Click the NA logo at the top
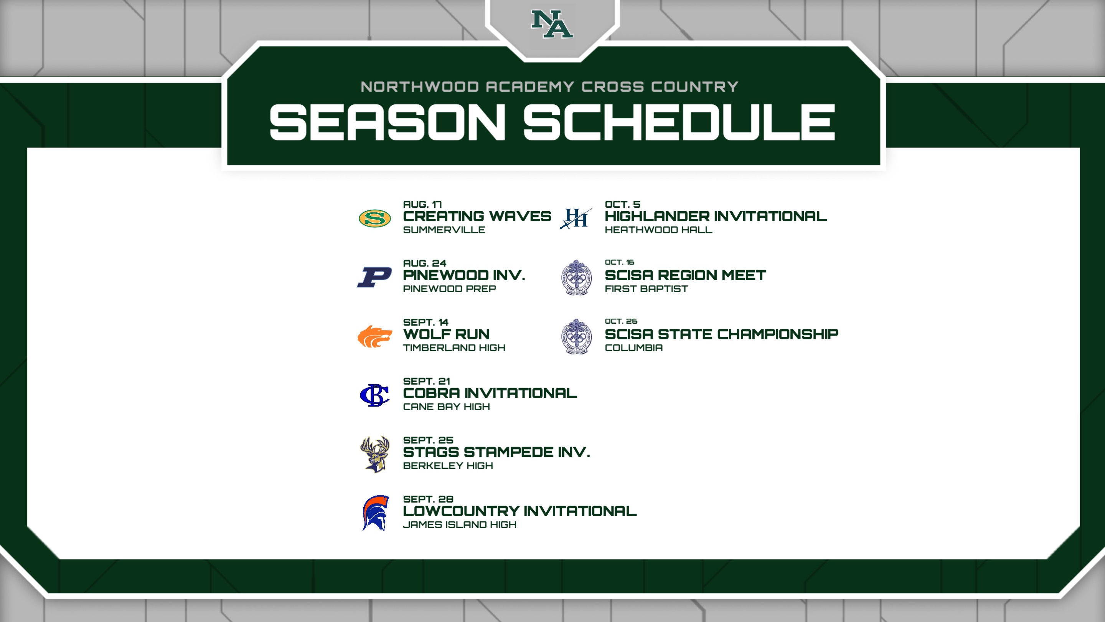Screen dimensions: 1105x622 tap(552, 24)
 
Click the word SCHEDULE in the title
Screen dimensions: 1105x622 tap(679, 122)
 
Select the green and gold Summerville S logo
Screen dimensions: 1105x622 tap(374, 218)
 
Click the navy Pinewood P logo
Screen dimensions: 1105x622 tap(374, 277)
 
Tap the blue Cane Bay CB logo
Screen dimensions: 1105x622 tap(374, 395)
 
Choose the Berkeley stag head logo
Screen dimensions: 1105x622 tap(375, 454)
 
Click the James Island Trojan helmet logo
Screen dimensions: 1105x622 tap(375, 513)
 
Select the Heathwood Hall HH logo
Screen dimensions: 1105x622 tap(576, 218)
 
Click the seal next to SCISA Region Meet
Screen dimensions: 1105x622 tap(577, 277)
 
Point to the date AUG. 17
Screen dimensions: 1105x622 tap(422, 204)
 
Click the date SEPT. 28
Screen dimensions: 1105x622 tap(428, 499)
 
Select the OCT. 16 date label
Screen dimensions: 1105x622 tap(619, 262)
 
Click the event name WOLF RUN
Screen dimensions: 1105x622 tap(446, 334)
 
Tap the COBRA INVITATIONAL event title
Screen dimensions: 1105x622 tap(490, 393)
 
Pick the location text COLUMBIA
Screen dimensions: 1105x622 tap(633, 348)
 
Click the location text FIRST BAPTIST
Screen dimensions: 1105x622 tap(646, 289)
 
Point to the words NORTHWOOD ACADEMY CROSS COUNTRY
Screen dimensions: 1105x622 tap(549, 87)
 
